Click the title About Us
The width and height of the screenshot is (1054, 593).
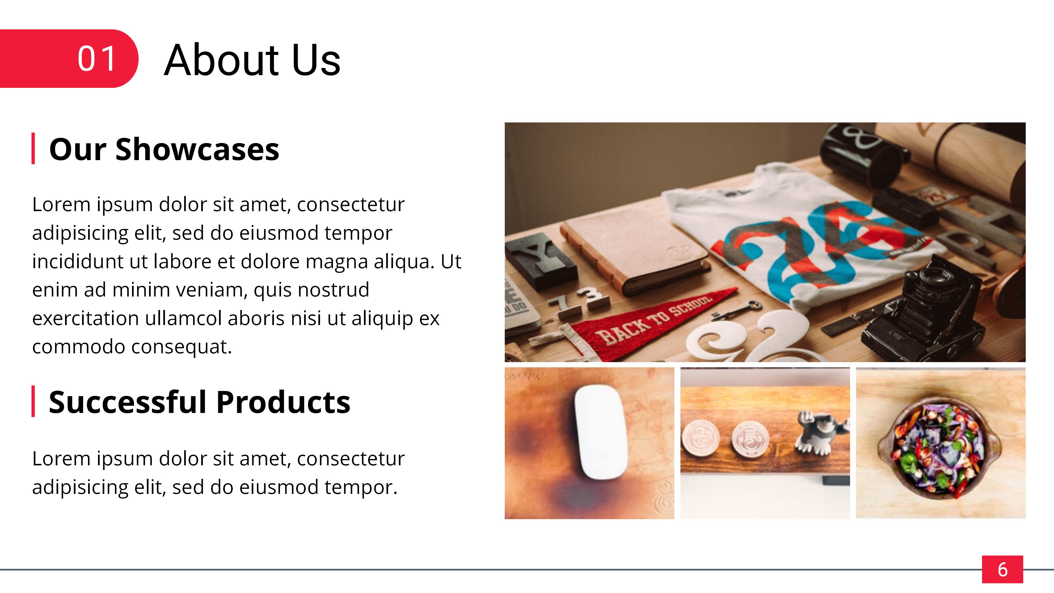pos(252,60)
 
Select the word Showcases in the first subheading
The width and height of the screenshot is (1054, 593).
pos(197,149)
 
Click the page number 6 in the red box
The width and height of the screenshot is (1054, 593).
pos(1002,569)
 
